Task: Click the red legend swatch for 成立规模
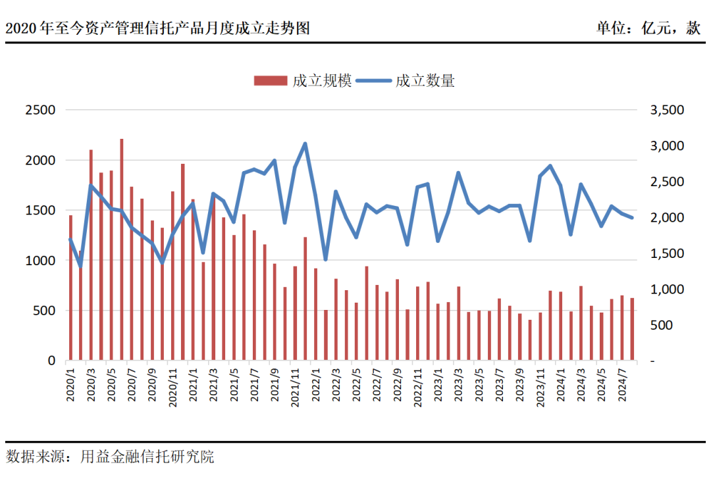[270, 81]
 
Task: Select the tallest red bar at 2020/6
[121, 250]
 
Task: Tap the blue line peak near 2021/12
[305, 143]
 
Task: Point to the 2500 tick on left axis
[40, 110]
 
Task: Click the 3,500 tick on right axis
[667, 110]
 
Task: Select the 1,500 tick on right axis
[667, 253]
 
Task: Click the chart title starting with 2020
[158, 28]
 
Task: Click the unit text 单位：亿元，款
[648, 28]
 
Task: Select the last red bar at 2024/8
[632, 329]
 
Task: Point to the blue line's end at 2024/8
[632, 218]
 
